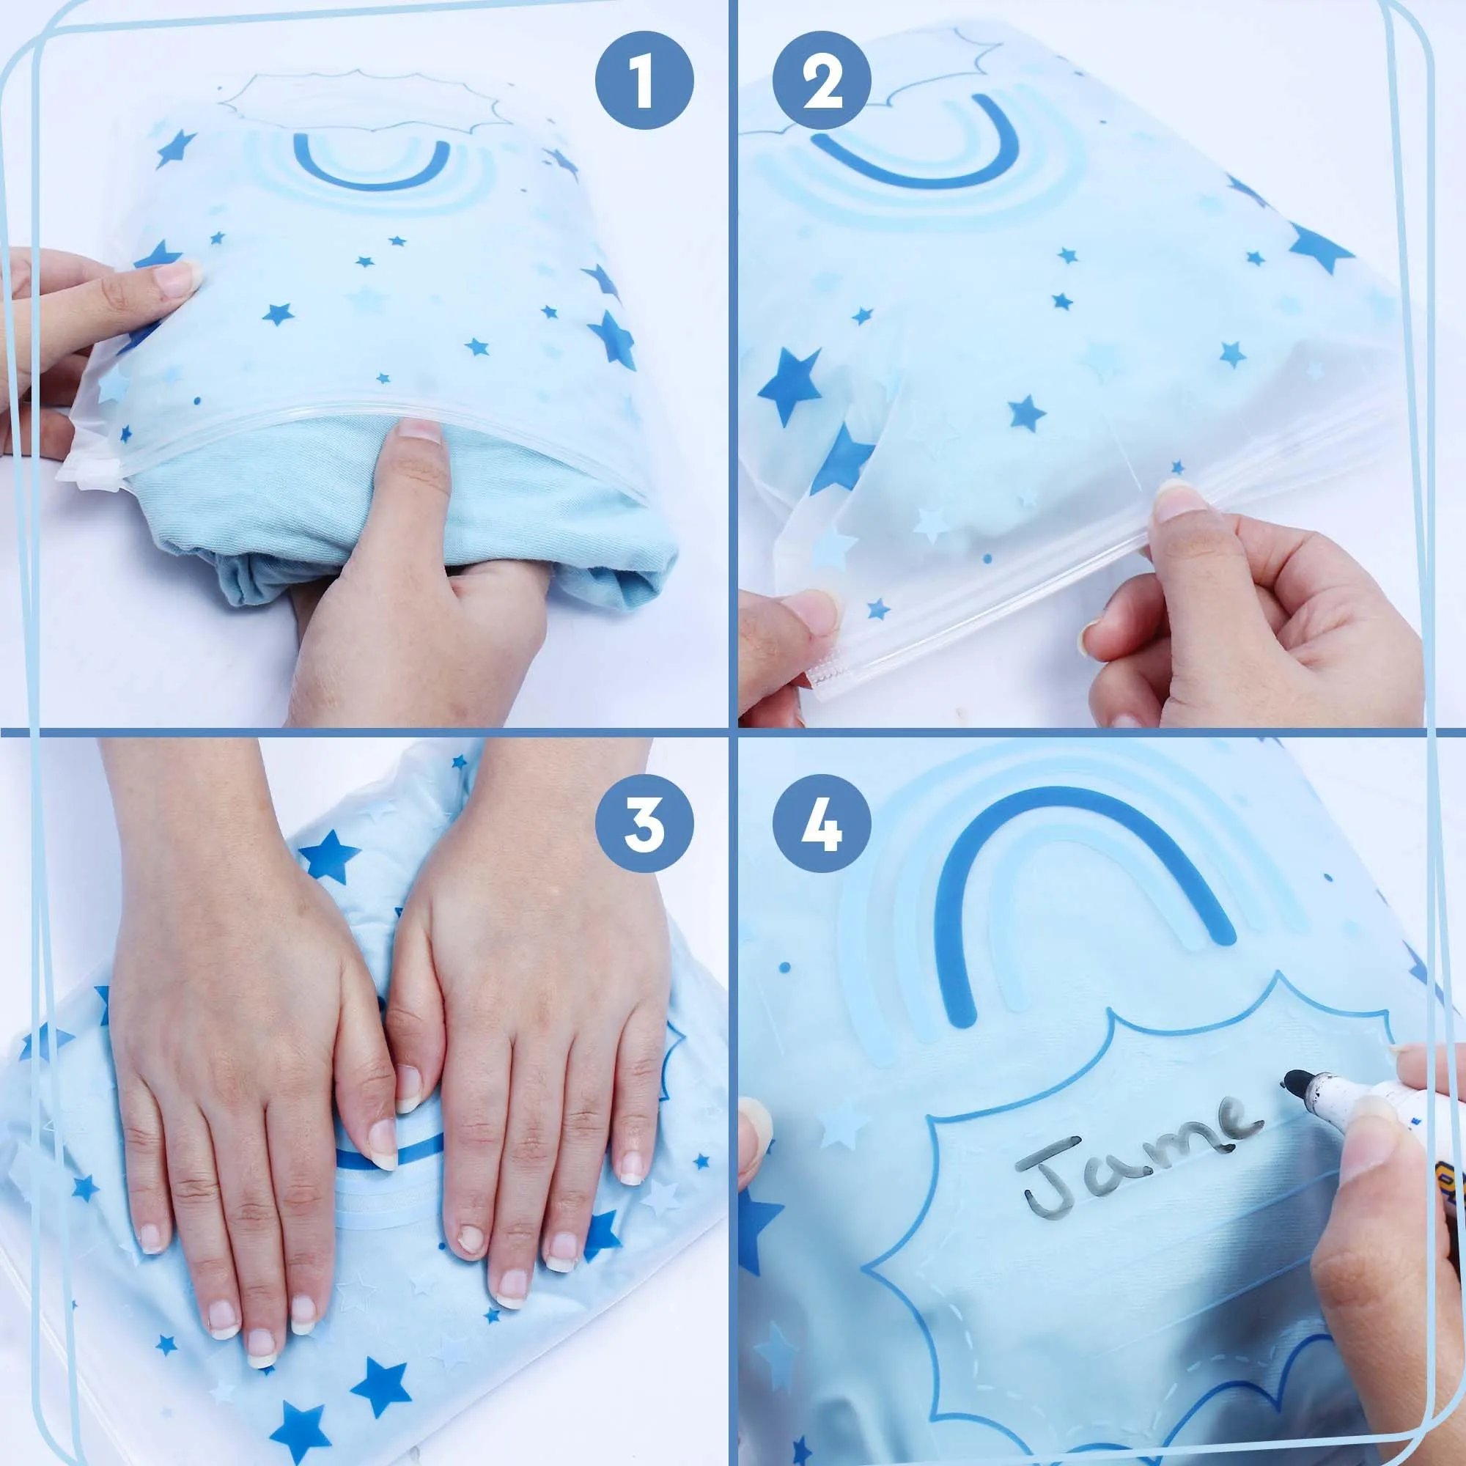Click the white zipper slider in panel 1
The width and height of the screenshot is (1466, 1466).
(x=88, y=474)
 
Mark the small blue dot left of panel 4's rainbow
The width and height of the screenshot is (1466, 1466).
(x=785, y=967)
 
